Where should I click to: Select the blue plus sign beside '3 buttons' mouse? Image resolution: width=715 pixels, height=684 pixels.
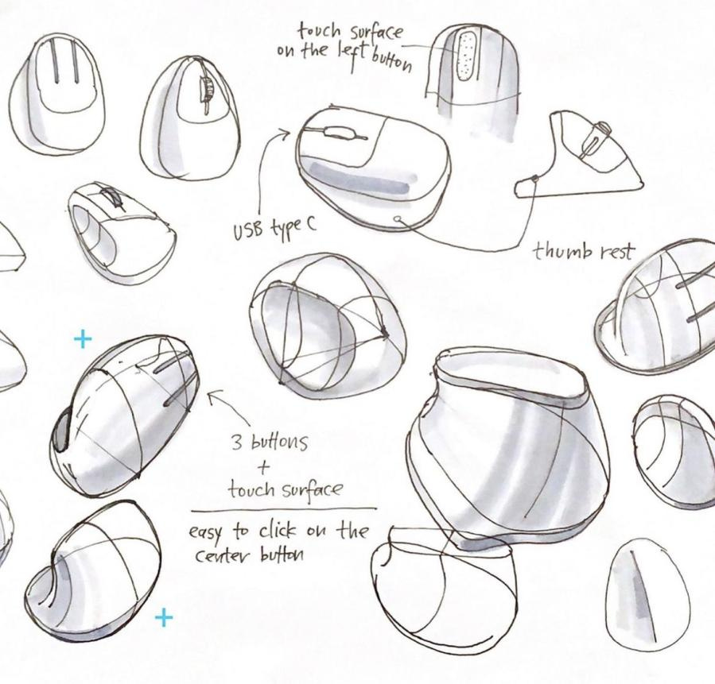click(x=83, y=338)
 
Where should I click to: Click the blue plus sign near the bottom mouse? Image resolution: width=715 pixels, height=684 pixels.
click(x=164, y=618)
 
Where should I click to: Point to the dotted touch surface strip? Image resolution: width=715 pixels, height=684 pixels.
click(x=465, y=57)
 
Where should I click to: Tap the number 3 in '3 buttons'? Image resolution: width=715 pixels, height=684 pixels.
click(x=237, y=442)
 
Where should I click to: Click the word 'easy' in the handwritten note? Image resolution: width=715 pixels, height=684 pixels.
click(x=206, y=533)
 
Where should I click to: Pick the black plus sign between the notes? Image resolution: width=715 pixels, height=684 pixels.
click(x=263, y=467)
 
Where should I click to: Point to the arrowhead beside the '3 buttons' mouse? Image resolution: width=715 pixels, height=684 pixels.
click(x=214, y=396)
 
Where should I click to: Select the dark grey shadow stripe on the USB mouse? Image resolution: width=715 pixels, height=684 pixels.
click(x=360, y=179)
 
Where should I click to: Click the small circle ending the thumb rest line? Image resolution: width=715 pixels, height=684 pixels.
click(x=398, y=218)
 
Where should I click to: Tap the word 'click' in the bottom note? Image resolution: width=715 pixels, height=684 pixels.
click(x=278, y=531)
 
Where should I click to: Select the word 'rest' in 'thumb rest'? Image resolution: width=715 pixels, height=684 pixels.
click(x=617, y=252)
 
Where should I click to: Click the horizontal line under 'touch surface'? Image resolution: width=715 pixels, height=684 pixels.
click(x=284, y=509)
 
